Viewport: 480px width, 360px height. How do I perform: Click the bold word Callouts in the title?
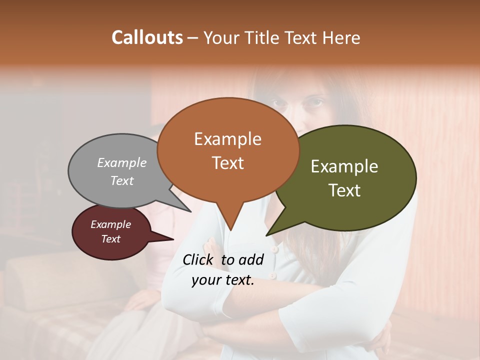point(147,37)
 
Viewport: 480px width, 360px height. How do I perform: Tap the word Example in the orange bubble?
point(227,139)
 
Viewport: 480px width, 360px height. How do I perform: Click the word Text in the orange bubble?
point(227,162)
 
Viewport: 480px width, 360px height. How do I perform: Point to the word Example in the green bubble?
point(344,166)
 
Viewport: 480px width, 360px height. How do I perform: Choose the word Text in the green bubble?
point(344,190)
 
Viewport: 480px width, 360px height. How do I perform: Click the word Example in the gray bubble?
point(122,162)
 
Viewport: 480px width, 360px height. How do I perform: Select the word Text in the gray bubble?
point(122,180)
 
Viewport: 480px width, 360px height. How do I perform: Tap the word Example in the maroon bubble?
point(111,224)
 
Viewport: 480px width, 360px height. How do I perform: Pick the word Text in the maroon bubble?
point(111,239)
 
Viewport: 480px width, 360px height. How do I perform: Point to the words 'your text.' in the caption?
point(223,280)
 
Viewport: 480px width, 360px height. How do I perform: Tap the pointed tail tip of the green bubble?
point(266,235)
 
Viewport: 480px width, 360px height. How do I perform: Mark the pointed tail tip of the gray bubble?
point(191,211)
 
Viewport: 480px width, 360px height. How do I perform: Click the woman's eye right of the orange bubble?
point(314,103)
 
